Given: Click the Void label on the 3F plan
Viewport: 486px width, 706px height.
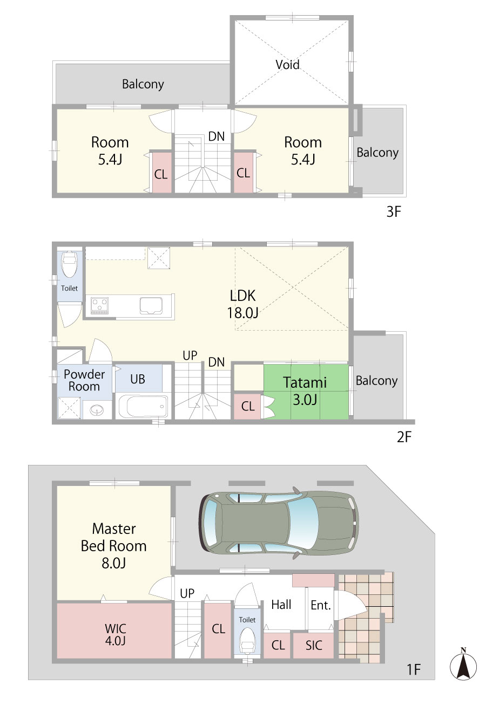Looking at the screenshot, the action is (287, 65).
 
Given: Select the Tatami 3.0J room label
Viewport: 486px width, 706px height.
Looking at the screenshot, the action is (305, 391).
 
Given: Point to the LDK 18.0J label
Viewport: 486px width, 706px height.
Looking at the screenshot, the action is (242, 304).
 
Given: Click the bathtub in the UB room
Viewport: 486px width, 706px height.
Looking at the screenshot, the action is (143, 406).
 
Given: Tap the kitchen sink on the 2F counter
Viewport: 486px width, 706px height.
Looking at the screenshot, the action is (152, 306).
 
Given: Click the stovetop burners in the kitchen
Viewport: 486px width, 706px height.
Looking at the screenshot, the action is (99, 305).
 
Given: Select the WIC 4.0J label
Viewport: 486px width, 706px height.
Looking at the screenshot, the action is (115, 634).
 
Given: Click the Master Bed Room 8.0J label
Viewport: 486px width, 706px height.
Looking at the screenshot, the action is (113, 546).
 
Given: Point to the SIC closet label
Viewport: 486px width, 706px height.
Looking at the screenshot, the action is (314, 646).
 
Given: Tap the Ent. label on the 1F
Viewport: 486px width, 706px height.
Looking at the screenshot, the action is (321, 605).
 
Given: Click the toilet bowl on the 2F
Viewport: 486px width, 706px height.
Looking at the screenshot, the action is (69, 264).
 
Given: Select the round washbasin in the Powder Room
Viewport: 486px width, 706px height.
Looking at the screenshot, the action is (97, 410).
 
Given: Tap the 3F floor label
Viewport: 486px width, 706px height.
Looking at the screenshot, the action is (394, 212).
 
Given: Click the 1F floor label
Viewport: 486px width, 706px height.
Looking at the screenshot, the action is (414, 670).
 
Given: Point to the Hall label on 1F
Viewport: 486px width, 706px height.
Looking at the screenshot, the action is (281, 605).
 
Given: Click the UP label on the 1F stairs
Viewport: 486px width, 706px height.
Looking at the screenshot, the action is (187, 593).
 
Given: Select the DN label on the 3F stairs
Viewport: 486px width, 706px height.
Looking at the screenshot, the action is (217, 136).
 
